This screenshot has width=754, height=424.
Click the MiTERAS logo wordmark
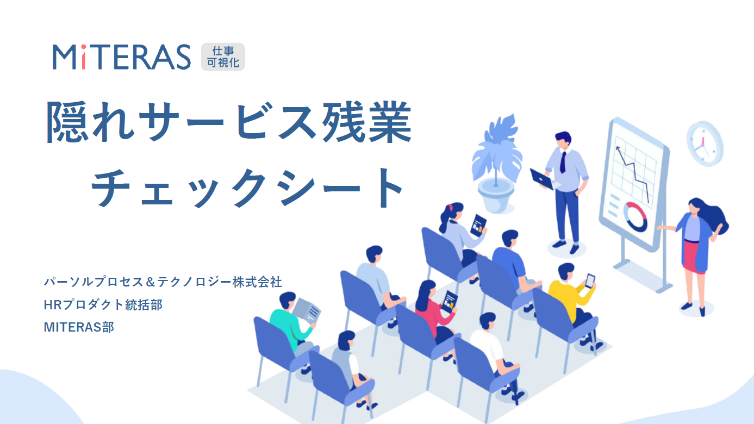pos(122,57)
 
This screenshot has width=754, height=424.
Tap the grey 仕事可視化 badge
pos(223,57)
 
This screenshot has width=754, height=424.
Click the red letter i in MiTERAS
pos(83,57)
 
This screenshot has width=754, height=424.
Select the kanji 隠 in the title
pos(67,122)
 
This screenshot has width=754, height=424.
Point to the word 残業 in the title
pos(367,122)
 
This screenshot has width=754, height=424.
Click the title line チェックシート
pos(247,188)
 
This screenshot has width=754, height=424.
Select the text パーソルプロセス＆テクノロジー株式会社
pos(163,282)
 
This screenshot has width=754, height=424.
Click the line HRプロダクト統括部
pos(103,304)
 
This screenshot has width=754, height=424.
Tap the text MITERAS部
pos(79,327)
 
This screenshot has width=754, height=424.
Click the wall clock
pos(705,144)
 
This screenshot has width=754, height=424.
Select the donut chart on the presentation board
pos(635,217)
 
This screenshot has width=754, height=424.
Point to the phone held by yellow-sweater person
pos(590,280)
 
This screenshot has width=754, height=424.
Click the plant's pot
pos(496,195)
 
